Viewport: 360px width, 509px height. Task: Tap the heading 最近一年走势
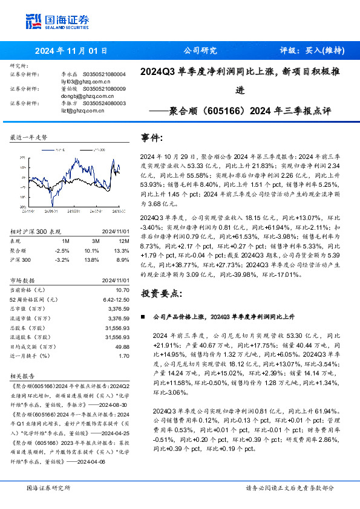29,137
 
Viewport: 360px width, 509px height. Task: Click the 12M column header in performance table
122,241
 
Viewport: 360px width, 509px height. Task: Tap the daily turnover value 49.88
122,347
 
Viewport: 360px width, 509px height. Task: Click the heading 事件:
152,137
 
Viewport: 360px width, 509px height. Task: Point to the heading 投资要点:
161,293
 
